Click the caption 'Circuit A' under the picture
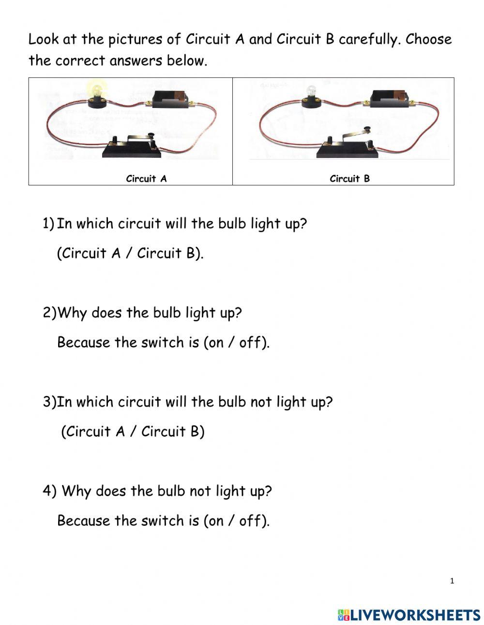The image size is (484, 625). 146,179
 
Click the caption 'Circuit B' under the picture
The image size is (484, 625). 349,179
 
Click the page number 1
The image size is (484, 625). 452,581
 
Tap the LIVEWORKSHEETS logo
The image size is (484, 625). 409,614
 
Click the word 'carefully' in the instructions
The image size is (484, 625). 369,40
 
